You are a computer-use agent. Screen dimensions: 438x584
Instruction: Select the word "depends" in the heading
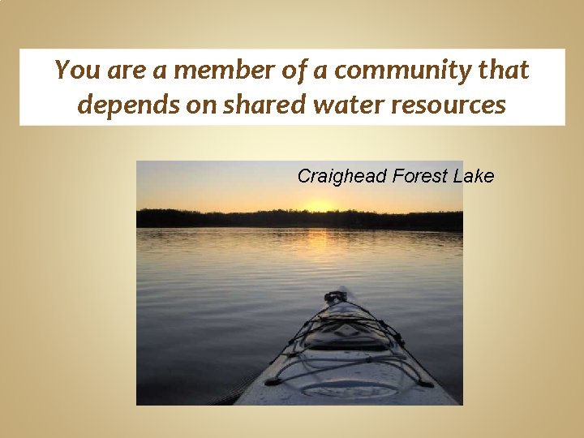118,105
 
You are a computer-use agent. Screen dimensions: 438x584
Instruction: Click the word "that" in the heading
503,71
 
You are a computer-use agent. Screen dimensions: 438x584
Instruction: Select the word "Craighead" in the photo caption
341,176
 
